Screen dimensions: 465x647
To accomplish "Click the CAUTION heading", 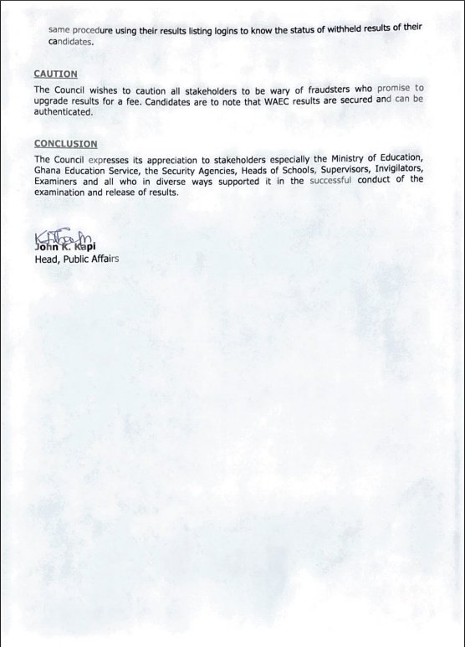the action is click(55, 74).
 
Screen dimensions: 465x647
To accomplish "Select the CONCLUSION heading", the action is click(65, 144).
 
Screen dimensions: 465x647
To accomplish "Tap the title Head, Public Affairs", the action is click(76, 259).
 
